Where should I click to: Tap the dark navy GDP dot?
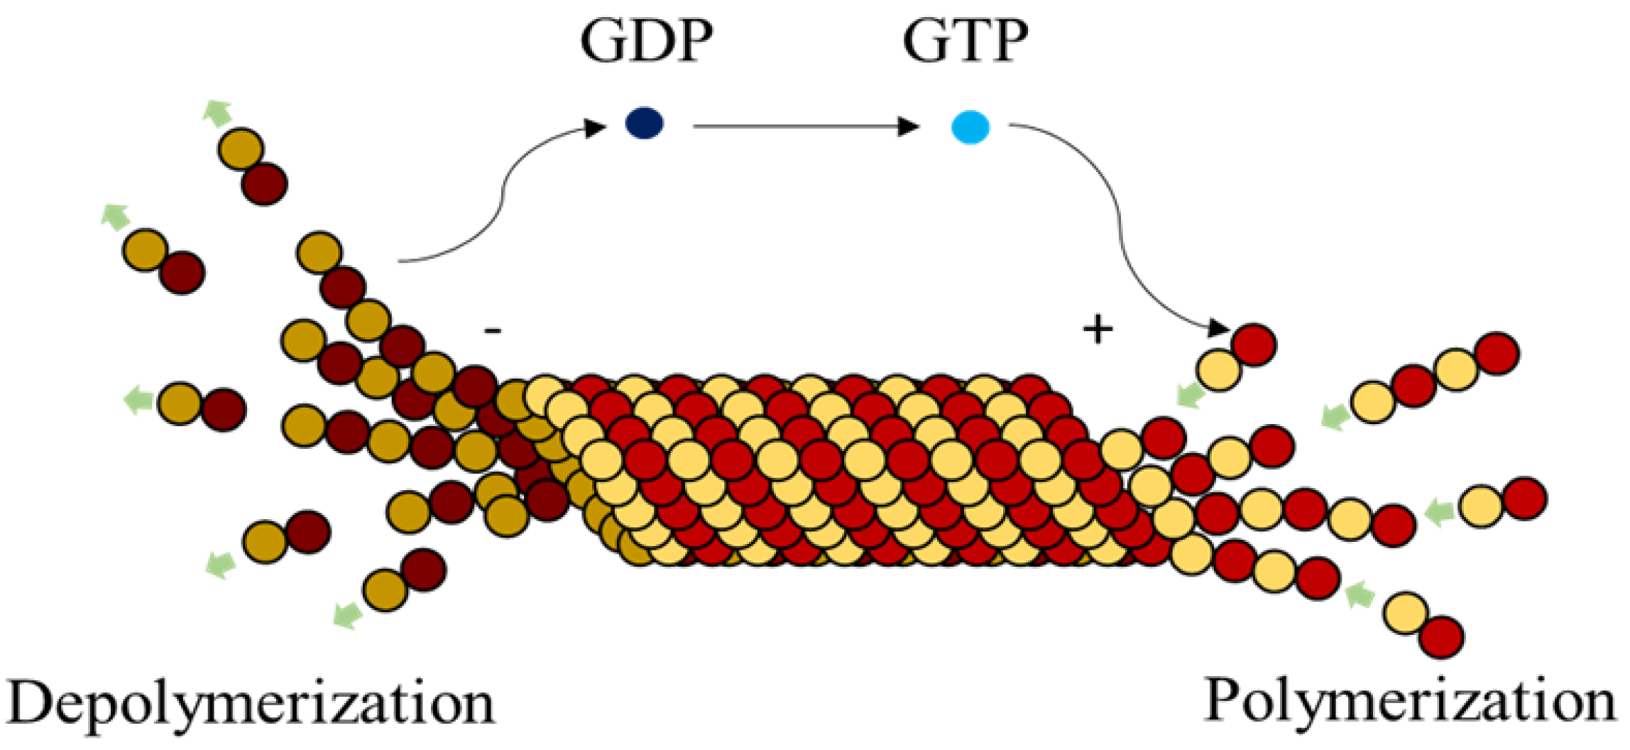[x=645, y=124]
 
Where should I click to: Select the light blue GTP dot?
[x=970, y=127]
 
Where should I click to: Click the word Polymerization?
[x=1410, y=702]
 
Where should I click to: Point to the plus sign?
[x=1098, y=330]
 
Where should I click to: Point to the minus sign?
[x=493, y=330]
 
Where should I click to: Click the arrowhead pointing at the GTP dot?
[x=908, y=126]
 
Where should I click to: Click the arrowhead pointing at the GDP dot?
[x=594, y=128]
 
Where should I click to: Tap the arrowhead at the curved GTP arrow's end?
[x=1218, y=328]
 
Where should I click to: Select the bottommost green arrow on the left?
[x=348, y=614]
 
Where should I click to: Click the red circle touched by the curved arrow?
[x=1254, y=344]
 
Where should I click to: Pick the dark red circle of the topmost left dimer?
[x=264, y=184]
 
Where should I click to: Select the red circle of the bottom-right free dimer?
[x=1442, y=637]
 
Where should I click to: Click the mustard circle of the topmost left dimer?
[x=241, y=149]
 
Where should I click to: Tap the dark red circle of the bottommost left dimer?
[x=423, y=570]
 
